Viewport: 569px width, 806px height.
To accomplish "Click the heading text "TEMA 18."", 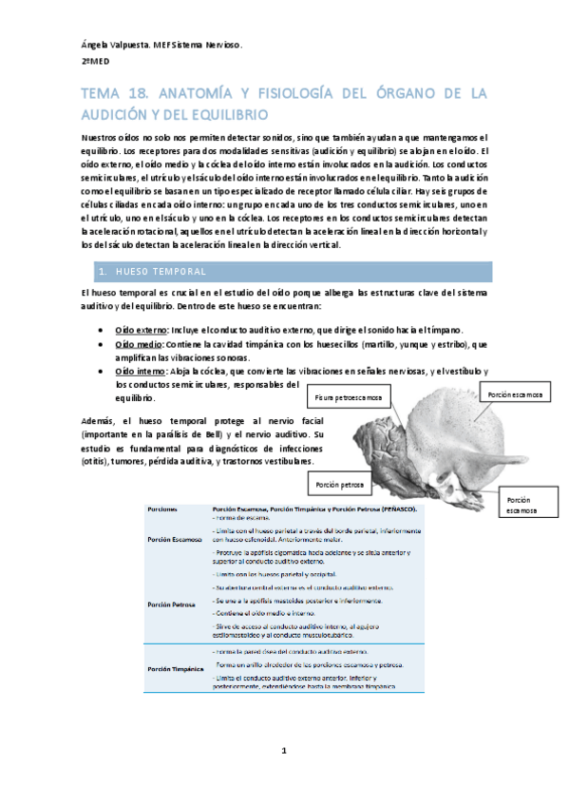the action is pos(110,93).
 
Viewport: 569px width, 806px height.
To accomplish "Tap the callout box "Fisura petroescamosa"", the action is pos(349,396).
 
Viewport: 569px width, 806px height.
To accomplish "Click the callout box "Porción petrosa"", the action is pos(340,485).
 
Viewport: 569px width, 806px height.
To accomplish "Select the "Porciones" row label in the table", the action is pos(162,509).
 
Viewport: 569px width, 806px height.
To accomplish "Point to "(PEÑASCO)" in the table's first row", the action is pos(399,509).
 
